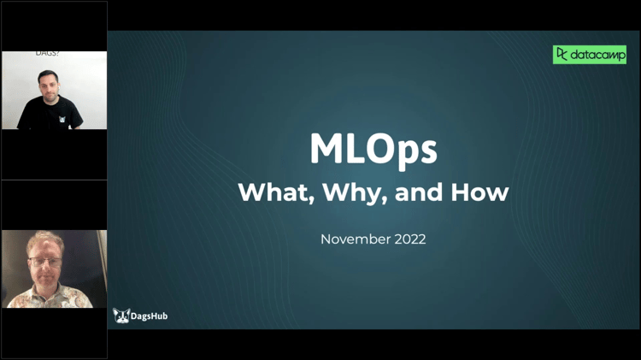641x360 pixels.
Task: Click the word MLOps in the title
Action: point(373,150)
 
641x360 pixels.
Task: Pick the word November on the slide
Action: point(354,239)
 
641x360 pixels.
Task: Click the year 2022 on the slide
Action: point(408,239)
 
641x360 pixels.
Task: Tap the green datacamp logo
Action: point(589,55)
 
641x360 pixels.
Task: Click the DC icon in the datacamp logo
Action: point(562,55)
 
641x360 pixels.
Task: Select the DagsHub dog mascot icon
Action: point(121,316)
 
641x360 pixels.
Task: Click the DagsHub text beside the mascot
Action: point(150,316)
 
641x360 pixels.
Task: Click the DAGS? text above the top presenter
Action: point(46,54)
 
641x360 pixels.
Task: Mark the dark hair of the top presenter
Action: point(47,74)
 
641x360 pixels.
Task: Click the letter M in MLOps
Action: point(326,150)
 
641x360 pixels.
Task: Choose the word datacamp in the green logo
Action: point(597,55)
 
